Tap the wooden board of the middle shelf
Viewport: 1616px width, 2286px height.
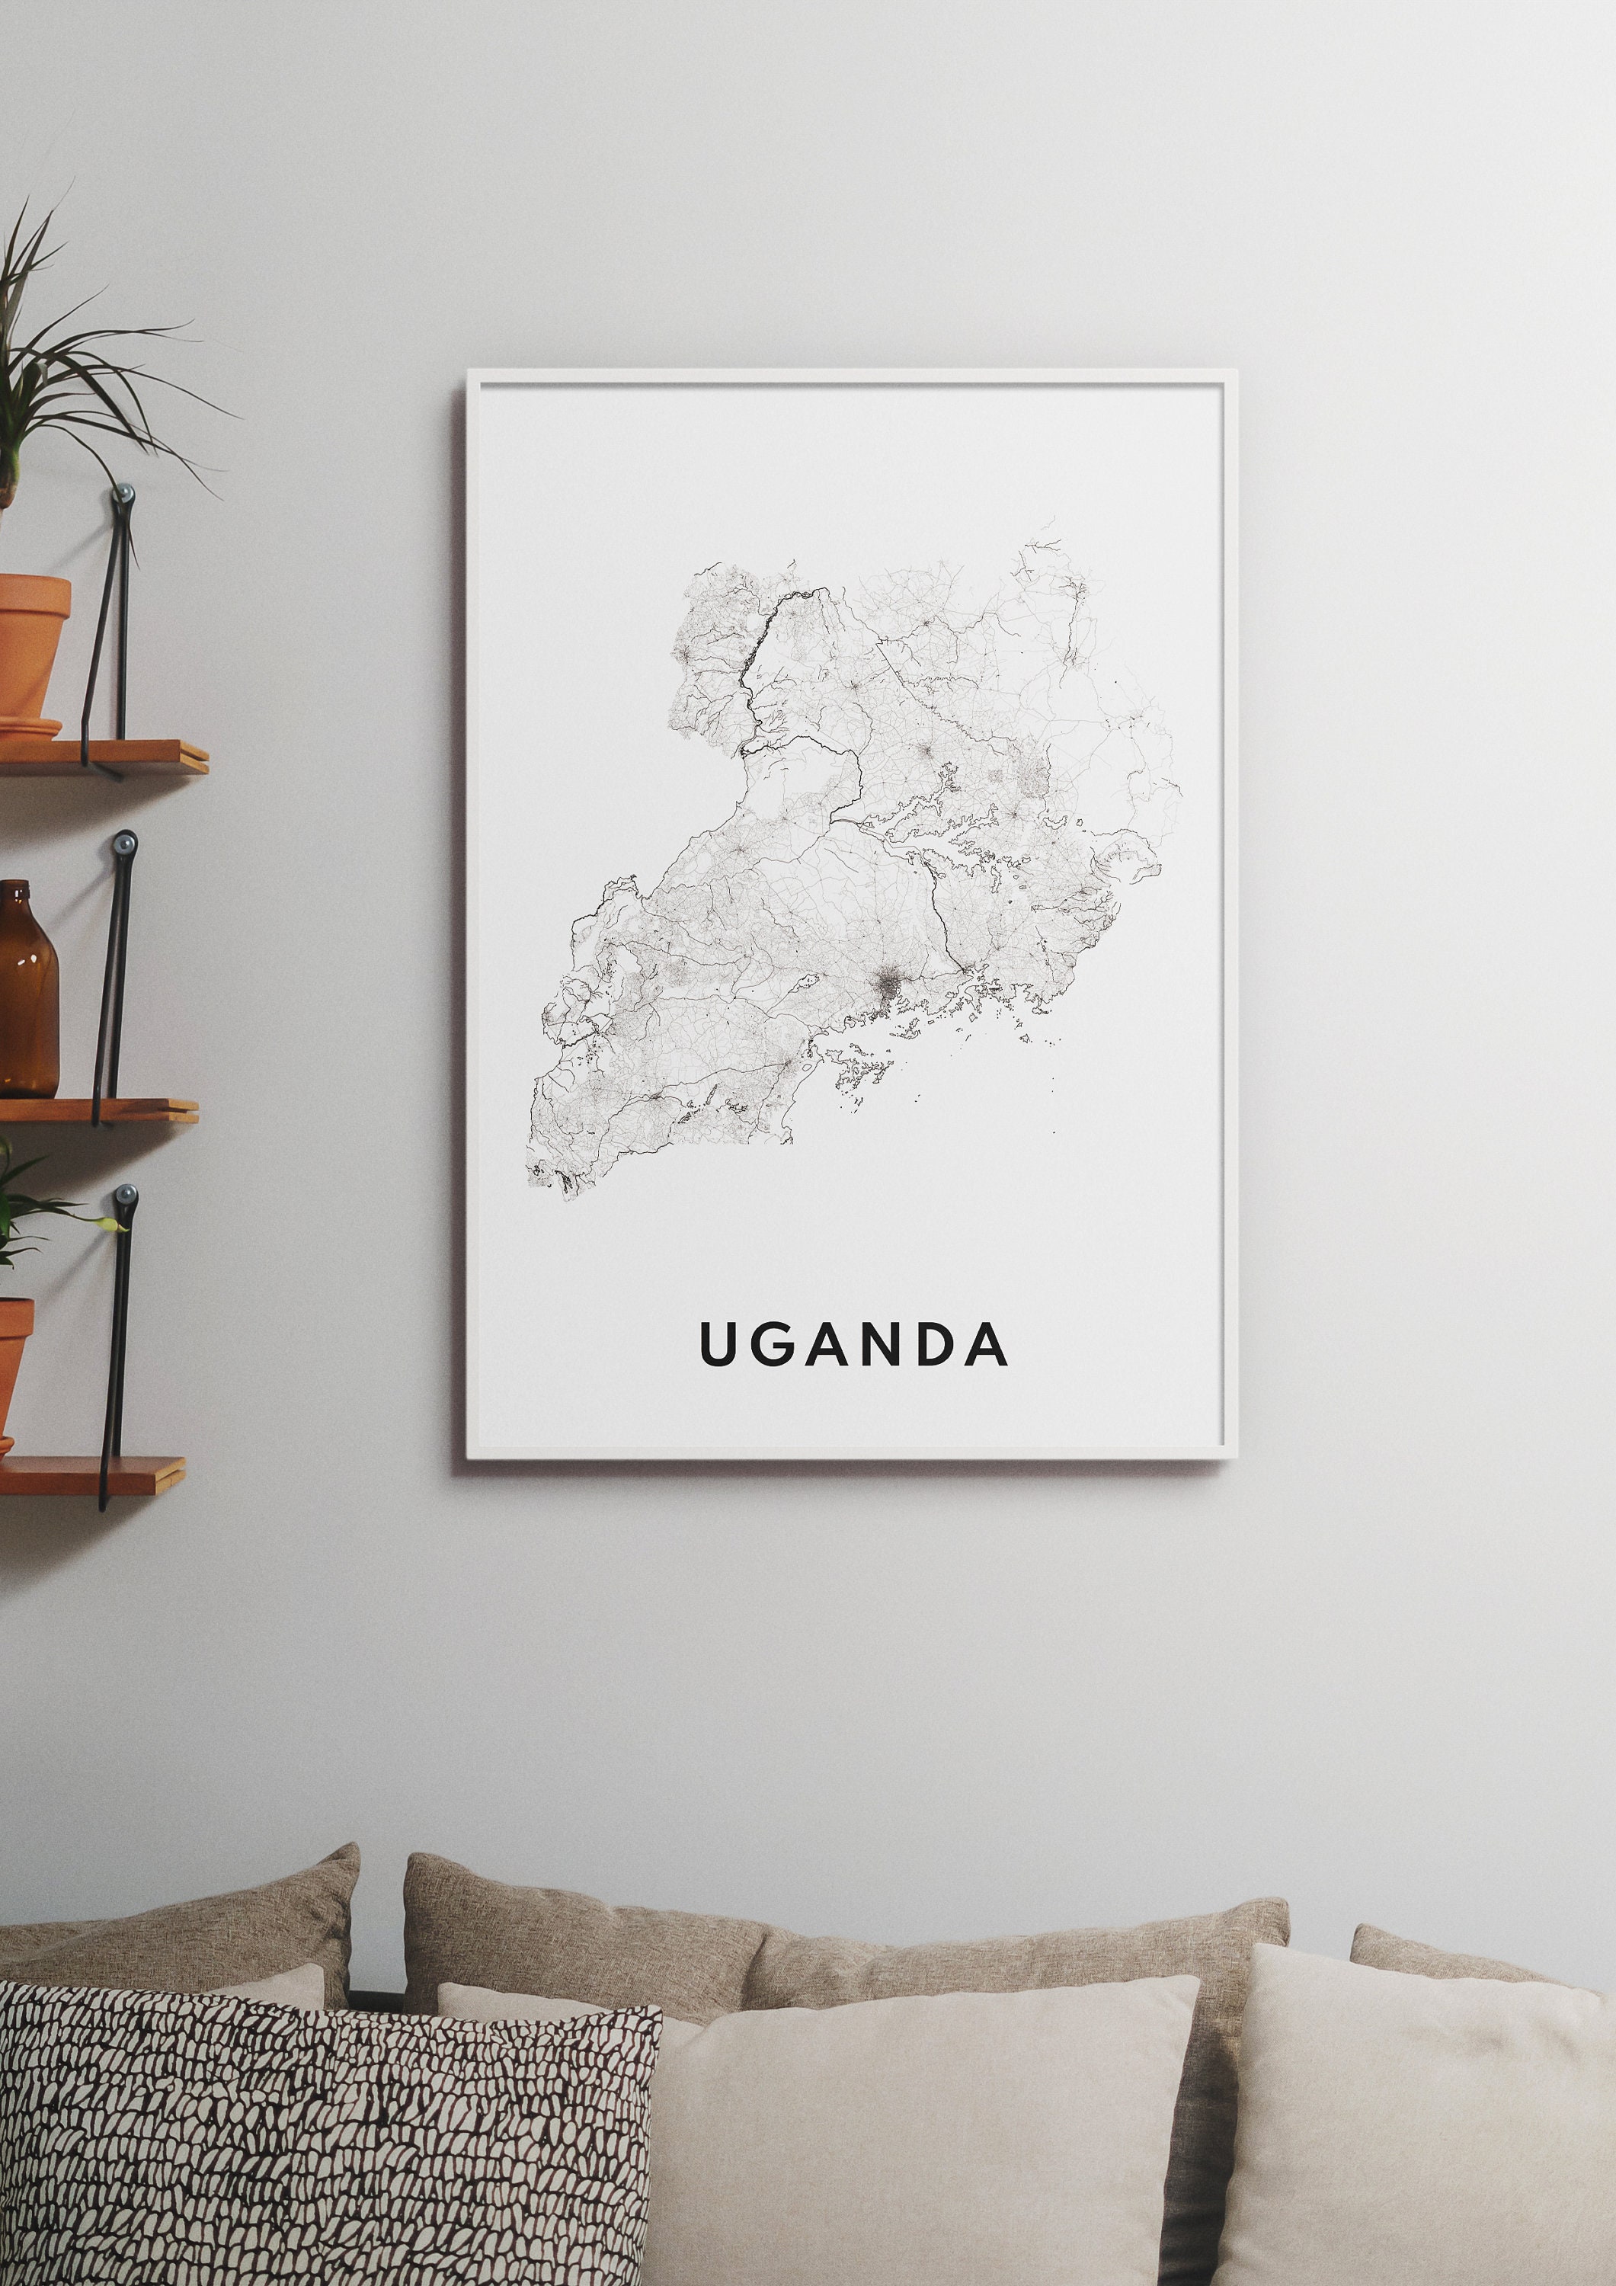[100, 1110]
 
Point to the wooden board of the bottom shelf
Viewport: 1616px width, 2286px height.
[94, 1474]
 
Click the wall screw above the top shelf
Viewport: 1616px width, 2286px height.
[124, 493]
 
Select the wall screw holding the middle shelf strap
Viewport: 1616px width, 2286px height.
[124, 844]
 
